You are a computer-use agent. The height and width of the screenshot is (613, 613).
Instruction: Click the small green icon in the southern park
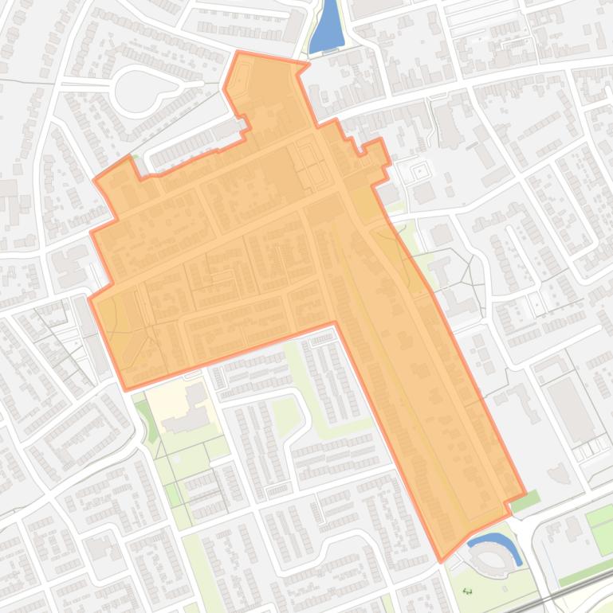pos(467,591)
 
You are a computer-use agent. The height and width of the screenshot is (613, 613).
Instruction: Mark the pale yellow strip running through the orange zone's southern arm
pos(399,350)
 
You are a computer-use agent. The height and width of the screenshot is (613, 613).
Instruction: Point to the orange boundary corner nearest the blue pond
pos(308,63)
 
